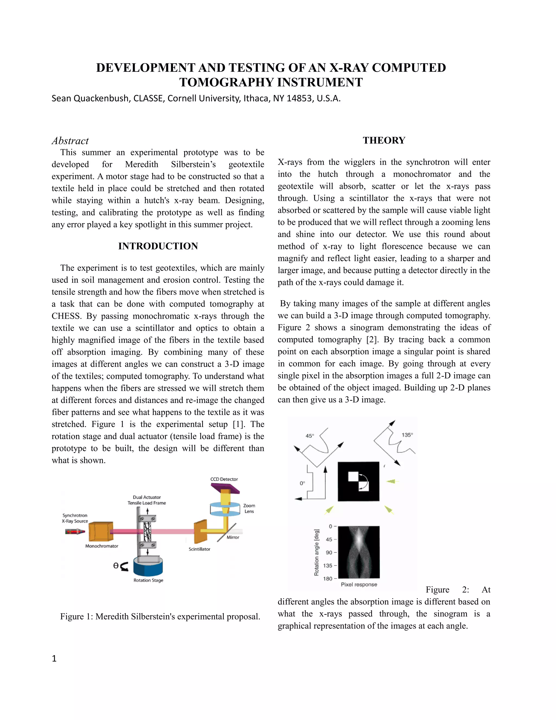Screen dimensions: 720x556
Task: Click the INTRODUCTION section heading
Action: pyautogui.click(x=158, y=246)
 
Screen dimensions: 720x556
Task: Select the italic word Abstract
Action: pyautogui.click(x=70, y=141)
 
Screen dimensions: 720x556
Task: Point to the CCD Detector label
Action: pyautogui.click(x=224, y=479)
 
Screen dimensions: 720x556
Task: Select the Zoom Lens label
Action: pyautogui.click(x=249, y=508)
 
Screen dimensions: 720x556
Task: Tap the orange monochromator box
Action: pyautogui.click(x=101, y=531)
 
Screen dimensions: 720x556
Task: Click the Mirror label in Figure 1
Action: pyautogui.click(x=233, y=537)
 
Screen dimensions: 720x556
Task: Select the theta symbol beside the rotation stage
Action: pyautogui.click(x=116, y=566)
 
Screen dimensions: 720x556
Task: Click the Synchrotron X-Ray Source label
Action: pyautogui.click(x=75, y=518)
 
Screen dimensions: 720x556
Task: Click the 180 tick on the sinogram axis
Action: pyautogui.click(x=328, y=578)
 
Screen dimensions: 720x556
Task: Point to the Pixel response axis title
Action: pyautogui.click(x=359, y=584)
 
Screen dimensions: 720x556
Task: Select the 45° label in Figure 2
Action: pyautogui.click(x=309, y=436)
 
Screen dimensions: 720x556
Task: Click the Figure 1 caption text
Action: pyautogui.click(x=160, y=616)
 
